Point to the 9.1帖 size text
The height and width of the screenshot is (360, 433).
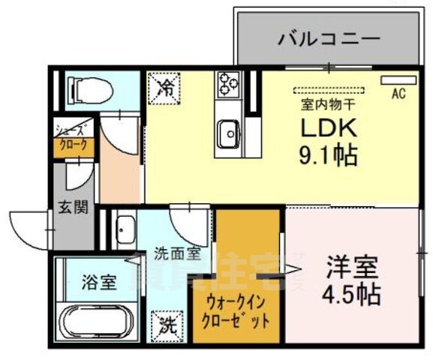329,156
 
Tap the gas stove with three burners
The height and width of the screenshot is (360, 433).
228,84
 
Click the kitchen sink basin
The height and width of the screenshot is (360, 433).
227,136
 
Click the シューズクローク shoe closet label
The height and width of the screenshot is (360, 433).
74,138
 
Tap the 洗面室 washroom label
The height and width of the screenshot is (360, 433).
177,253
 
